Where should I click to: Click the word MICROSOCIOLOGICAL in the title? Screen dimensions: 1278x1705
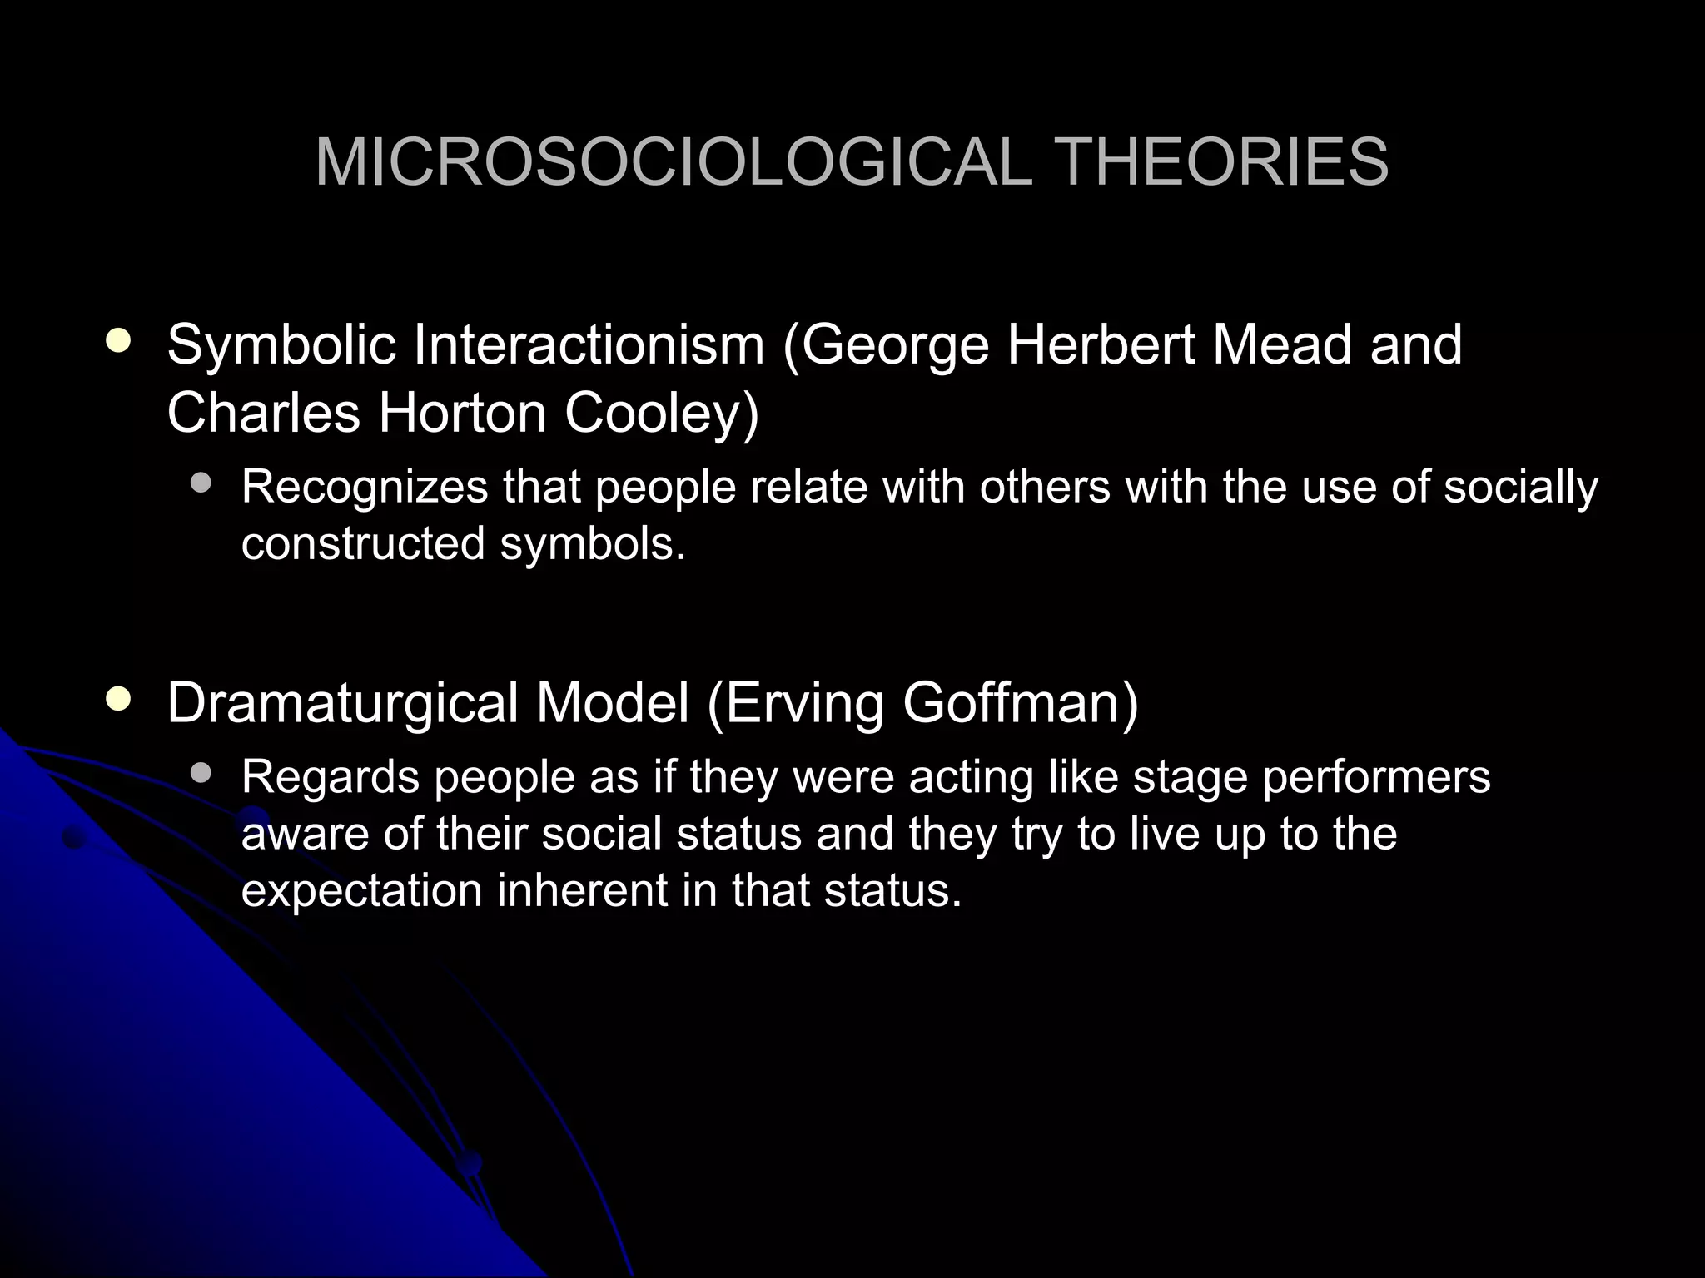point(674,162)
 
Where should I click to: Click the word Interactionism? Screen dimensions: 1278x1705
point(589,345)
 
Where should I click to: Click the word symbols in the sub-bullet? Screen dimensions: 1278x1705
point(592,543)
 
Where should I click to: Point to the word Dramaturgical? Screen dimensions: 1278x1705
point(343,704)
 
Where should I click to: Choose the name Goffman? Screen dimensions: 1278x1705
point(1020,704)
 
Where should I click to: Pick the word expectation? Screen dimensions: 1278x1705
point(361,890)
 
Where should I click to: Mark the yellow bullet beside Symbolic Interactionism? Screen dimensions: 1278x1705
point(119,342)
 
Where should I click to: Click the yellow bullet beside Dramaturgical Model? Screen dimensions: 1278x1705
point(119,700)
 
